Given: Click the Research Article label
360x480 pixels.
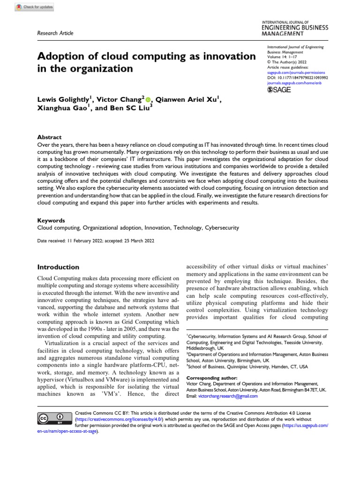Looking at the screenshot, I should [x=55, y=33].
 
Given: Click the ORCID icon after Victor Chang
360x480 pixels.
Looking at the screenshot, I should [x=149, y=99].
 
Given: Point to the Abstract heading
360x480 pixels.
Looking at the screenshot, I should [x=49, y=137].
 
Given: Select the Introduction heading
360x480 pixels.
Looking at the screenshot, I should [x=58, y=267].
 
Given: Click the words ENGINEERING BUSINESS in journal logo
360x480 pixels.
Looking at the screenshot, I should [x=294, y=28].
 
